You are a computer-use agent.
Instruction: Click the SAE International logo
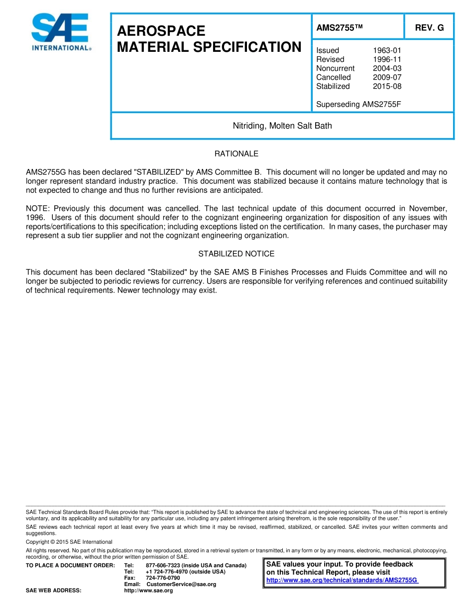coord(60,32)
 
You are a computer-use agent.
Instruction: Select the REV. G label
coord(429,28)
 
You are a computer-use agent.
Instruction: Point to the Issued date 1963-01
coord(387,50)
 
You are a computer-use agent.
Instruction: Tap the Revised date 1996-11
coord(387,59)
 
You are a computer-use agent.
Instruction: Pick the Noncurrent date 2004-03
coord(387,68)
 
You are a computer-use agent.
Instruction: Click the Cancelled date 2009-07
coord(387,77)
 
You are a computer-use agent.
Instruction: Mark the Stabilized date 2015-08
coord(387,86)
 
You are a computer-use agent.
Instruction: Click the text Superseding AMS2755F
coord(358,104)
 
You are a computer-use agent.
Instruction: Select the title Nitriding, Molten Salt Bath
coord(282,126)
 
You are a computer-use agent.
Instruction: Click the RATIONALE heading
coord(236,153)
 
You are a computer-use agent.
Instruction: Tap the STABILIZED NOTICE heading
coord(236,254)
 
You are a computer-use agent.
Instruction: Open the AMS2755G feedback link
coord(342,580)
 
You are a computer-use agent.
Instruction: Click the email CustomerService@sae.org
coord(181,584)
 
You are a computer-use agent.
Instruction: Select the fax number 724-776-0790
coord(163,578)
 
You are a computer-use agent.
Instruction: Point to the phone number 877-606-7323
coord(163,565)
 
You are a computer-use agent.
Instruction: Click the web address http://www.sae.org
coord(148,591)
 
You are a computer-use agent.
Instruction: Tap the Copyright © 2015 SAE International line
coord(69,542)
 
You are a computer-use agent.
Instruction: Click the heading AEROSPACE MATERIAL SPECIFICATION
coord(209,39)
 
